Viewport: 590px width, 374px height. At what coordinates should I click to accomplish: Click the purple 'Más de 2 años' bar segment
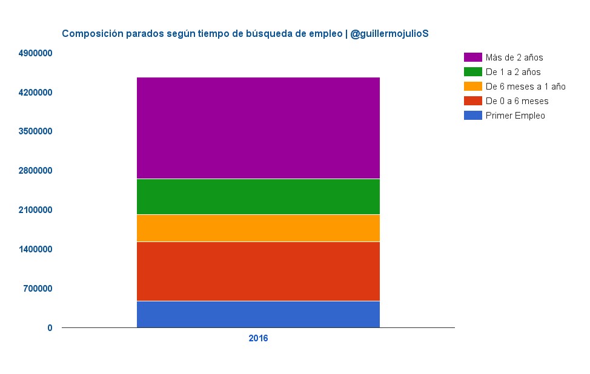point(258,128)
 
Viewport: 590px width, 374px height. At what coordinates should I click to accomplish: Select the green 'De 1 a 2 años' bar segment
point(258,197)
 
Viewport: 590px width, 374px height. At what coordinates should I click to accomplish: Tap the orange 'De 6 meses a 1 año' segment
point(258,228)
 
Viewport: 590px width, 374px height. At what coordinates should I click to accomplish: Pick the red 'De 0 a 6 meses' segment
point(258,271)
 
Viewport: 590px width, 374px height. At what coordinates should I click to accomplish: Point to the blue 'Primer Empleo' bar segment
point(258,314)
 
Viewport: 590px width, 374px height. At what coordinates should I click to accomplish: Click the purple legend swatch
point(472,57)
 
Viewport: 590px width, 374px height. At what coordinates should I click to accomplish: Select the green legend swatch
point(472,72)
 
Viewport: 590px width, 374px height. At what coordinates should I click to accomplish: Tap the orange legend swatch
point(472,87)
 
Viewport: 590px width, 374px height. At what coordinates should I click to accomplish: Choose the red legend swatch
point(472,101)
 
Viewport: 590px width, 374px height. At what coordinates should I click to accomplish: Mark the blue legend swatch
point(472,116)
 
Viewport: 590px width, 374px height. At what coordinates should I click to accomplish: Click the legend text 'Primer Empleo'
point(515,116)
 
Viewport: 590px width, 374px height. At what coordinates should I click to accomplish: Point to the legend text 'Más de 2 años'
point(514,57)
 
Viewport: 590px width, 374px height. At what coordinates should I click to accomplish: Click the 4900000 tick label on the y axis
point(36,54)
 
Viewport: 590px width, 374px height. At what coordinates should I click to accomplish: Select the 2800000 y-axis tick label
point(36,171)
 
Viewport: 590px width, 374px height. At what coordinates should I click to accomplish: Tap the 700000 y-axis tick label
point(38,289)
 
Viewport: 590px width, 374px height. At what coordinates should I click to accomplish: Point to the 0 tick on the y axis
point(50,328)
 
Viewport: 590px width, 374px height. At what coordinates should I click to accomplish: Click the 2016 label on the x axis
point(258,339)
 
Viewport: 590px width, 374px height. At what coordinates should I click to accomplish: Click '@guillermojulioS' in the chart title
point(389,34)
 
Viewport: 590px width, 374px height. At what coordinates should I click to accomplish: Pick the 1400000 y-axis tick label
point(36,249)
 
